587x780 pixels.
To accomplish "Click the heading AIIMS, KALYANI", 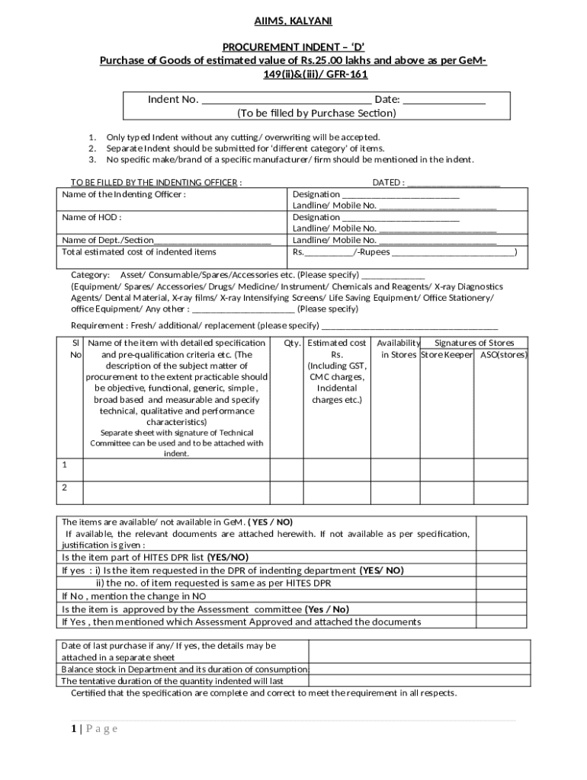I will coord(293,21).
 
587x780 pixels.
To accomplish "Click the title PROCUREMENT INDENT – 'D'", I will coord(293,47).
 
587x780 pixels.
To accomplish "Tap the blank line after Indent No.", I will coord(286,100).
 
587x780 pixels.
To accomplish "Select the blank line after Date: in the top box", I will coord(444,100).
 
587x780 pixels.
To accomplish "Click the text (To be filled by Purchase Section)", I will coord(316,113).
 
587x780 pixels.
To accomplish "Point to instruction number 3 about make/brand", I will coord(290,160).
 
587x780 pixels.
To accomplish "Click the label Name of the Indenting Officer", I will coord(123,194).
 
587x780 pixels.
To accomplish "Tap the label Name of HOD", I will coord(91,217).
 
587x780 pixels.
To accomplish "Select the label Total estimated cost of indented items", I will coord(139,251).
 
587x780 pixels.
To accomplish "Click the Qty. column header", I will coord(291,344).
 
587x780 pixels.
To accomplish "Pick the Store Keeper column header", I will coord(447,355).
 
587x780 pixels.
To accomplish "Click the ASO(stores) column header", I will coord(503,355).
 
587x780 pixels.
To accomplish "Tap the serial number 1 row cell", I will coord(65,464).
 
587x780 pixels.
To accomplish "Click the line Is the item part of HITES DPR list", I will coord(155,557).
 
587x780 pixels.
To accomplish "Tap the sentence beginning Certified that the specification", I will coord(264,693).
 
